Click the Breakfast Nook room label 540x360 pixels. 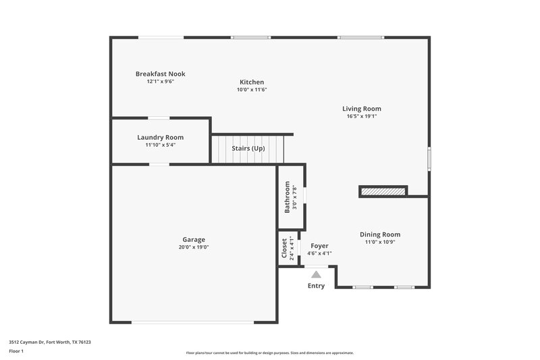160,74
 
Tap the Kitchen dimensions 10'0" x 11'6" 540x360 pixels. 252,90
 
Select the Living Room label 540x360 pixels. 361,109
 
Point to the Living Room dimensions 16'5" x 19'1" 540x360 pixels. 361,116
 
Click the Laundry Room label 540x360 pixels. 160,137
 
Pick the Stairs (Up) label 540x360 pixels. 248,148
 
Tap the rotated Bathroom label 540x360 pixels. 288,197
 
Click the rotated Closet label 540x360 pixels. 284,248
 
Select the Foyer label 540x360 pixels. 319,246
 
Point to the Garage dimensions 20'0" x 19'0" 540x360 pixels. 194,247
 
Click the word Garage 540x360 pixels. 194,240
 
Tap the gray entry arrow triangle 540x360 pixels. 316,274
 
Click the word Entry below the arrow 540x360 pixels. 316,286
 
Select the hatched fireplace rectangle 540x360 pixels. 383,192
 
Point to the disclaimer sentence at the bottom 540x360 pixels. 269,353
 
